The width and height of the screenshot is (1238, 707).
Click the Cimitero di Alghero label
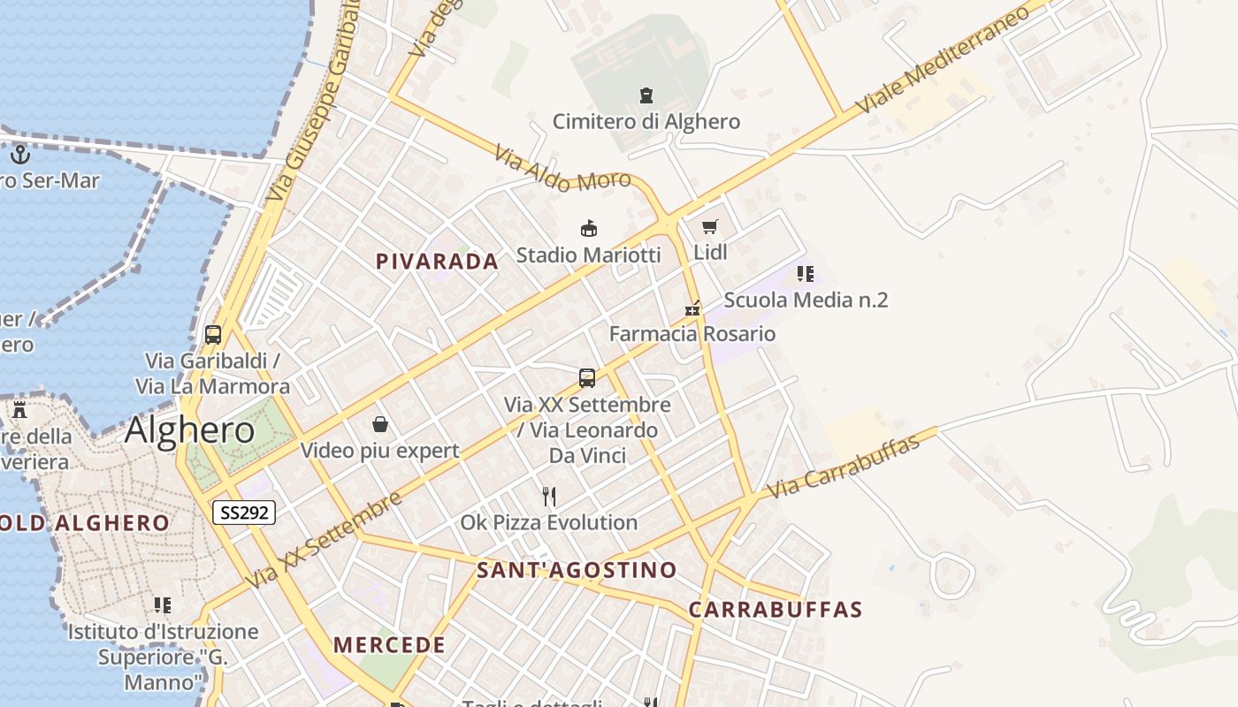pos(646,121)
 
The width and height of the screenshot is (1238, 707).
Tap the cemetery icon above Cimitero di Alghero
pos(646,95)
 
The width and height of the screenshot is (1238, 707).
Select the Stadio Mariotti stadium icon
pos(588,229)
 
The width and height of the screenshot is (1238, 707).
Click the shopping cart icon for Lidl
pos(710,226)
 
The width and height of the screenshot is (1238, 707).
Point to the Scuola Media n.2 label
pos(806,300)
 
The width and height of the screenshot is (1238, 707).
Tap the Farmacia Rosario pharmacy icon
pos(692,308)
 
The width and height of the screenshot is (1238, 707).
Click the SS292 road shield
pos(244,513)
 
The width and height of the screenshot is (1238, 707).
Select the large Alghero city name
pos(189,430)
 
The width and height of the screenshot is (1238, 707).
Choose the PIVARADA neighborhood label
pos(437,262)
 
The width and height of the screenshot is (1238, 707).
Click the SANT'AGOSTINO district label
pos(577,570)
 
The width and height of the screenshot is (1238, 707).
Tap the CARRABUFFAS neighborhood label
pos(775,610)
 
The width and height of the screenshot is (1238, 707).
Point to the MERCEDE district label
pos(389,645)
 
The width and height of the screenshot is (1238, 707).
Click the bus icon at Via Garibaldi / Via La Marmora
pos(213,335)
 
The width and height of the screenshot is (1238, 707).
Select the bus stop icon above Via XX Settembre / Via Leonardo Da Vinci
pos(587,378)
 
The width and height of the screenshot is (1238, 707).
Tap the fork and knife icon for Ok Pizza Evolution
pos(549,496)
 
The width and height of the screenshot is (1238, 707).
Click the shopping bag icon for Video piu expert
pos(380,424)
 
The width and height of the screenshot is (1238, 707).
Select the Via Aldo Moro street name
pos(562,169)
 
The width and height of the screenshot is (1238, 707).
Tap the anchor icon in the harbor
pos(20,155)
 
